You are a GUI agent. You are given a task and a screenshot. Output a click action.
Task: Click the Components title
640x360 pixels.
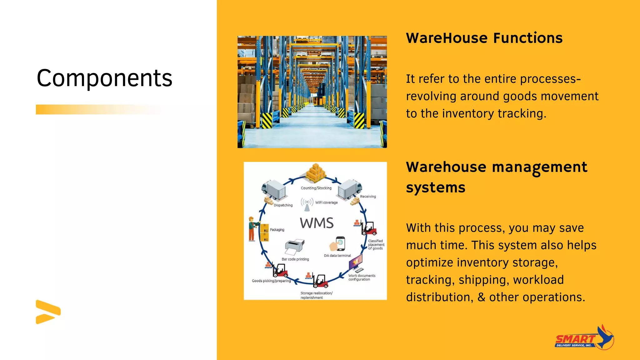click(104, 78)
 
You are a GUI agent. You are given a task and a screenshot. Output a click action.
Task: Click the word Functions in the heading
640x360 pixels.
click(528, 38)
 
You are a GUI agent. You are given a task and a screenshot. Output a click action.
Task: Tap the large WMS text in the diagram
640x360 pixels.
click(317, 223)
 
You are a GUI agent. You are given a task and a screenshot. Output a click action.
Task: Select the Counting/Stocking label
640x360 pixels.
click(316, 188)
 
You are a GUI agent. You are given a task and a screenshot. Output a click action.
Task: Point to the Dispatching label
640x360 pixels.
click(283, 205)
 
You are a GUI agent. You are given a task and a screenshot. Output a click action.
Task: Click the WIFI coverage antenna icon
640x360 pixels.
click(307, 204)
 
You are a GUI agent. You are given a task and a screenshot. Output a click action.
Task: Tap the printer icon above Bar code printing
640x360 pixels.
click(294, 247)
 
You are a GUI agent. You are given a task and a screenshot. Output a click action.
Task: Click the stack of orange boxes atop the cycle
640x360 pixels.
click(316, 173)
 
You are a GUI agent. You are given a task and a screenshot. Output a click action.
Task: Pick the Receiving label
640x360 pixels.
click(368, 197)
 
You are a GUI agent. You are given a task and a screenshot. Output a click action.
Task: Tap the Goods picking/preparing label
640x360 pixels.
click(271, 281)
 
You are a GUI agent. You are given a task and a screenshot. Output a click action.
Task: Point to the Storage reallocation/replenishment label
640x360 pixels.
click(316, 295)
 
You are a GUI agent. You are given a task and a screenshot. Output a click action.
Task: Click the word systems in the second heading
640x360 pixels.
click(436, 188)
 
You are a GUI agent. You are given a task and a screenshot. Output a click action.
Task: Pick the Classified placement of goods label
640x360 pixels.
click(376, 245)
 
